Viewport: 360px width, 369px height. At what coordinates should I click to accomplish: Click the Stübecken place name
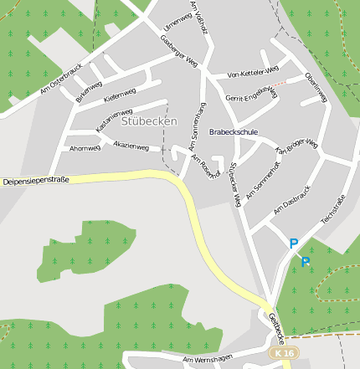pos(149,121)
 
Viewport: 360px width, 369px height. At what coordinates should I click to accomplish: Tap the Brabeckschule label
pos(234,132)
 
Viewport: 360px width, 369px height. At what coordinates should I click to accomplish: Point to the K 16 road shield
pos(284,355)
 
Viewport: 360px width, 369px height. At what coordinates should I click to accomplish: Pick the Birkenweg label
pos(89,92)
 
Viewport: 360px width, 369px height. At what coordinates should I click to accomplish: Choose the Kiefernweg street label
pos(119,97)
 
